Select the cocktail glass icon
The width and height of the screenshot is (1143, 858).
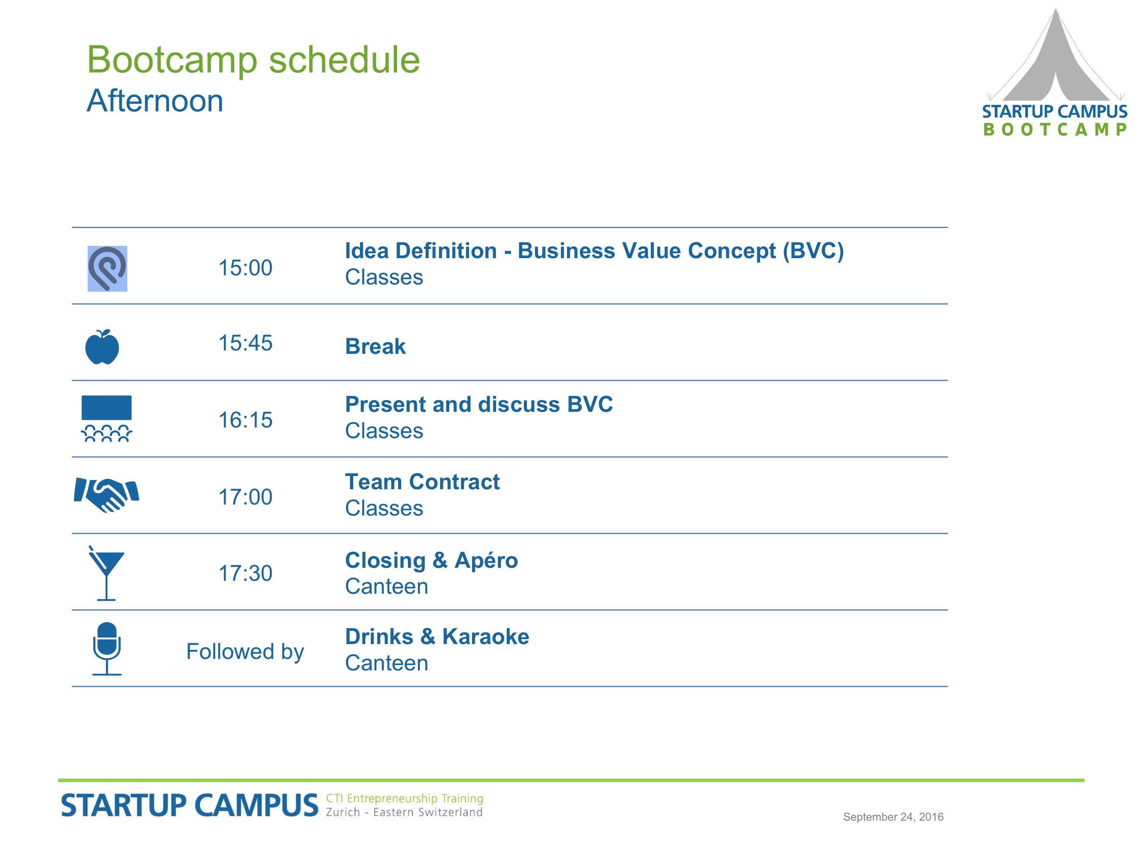[x=106, y=572]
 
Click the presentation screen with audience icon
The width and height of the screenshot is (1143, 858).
[x=106, y=418]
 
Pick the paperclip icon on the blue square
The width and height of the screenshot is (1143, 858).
[x=107, y=268]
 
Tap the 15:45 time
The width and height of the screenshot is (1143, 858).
[x=245, y=343]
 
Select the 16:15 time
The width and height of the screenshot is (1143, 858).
[x=245, y=420]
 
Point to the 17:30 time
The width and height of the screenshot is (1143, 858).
[x=245, y=573]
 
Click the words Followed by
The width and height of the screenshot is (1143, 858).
[x=245, y=652]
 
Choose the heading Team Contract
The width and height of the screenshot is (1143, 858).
[x=423, y=482]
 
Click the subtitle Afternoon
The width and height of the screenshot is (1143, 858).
[x=155, y=100]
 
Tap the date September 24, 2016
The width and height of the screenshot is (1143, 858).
[x=893, y=817]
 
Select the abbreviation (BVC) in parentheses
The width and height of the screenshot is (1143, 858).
[x=813, y=251]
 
